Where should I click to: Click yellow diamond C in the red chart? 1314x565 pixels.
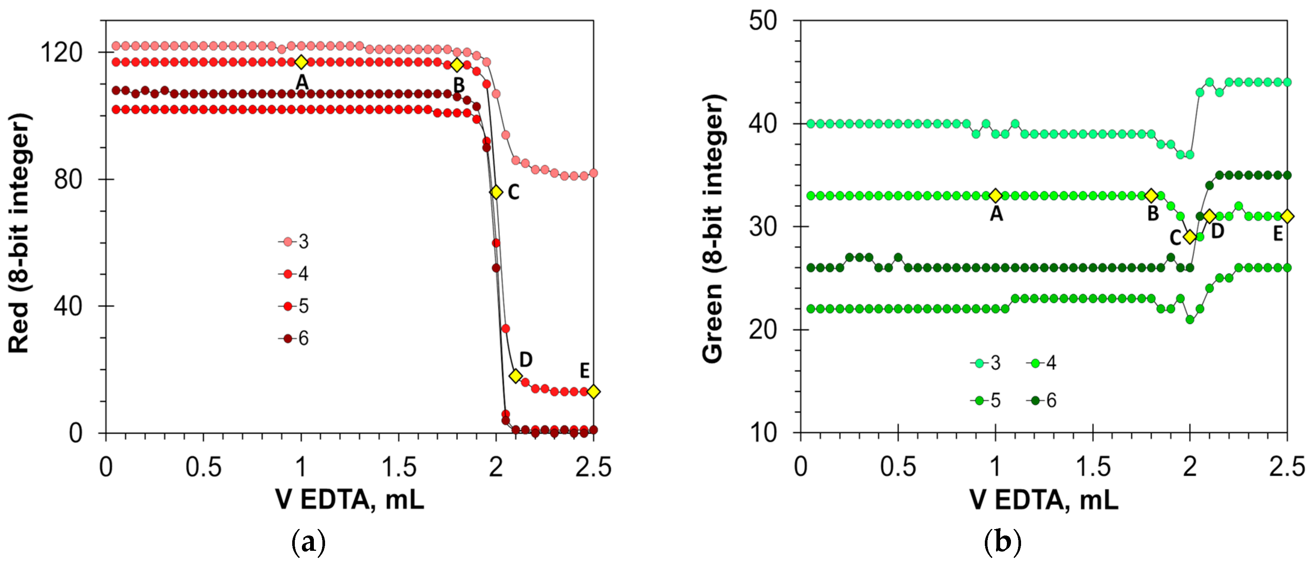496,192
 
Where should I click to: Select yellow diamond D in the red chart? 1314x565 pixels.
516,376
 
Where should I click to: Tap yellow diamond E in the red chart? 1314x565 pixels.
593,391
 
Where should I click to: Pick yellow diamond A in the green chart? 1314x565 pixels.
995,195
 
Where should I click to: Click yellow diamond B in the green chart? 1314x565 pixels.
1151,195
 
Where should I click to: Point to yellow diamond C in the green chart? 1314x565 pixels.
1189,237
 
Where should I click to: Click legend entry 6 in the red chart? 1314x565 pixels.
296,338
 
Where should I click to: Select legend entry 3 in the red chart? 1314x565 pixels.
296,241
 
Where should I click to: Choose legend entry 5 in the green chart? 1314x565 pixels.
987,401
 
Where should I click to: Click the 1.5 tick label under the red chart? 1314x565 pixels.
399,467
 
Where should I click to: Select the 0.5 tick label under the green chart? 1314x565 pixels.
898,467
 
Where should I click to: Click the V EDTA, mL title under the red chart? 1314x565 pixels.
350,500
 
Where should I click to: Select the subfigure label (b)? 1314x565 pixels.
1002,543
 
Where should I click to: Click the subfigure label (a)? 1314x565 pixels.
308,543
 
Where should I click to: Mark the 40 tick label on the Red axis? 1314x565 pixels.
68,306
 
